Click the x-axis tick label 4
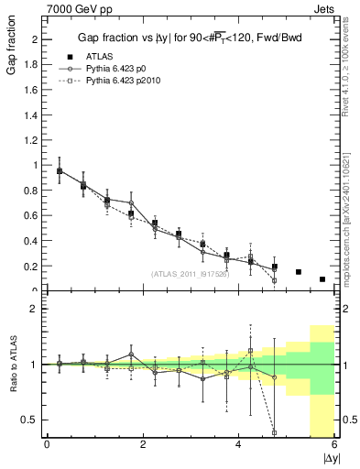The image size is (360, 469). pos(239,444)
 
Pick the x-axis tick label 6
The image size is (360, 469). pos(334,444)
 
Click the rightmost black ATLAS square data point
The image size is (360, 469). pos(322,279)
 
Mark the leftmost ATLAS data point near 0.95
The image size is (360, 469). pos(60,170)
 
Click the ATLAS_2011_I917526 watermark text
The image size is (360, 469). pos(189,274)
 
